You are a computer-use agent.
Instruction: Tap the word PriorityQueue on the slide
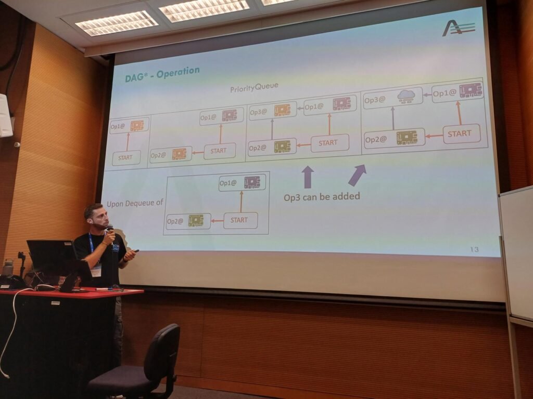pyautogui.click(x=254, y=87)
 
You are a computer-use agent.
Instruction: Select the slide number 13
pyautogui.click(x=475, y=250)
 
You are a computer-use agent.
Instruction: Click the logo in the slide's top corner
pyautogui.click(x=458, y=28)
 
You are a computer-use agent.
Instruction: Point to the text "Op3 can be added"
pyautogui.click(x=322, y=196)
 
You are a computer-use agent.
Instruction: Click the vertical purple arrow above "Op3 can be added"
pyautogui.click(x=308, y=177)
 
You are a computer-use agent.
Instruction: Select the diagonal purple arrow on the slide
pyautogui.click(x=357, y=175)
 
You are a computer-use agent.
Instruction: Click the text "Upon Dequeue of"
pyautogui.click(x=135, y=203)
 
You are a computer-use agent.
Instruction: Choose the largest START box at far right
pyautogui.click(x=461, y=134)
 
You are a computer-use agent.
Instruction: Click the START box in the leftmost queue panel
pyautogui.click(x=126, y=158)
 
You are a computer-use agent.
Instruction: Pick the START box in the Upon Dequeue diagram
pyautogui.click(x=240, y=220)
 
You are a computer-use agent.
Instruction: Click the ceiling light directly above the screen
pyautogui.click(x=204, y=10)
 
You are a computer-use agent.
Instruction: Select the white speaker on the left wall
pyautogui.click(x=5, y=115)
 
